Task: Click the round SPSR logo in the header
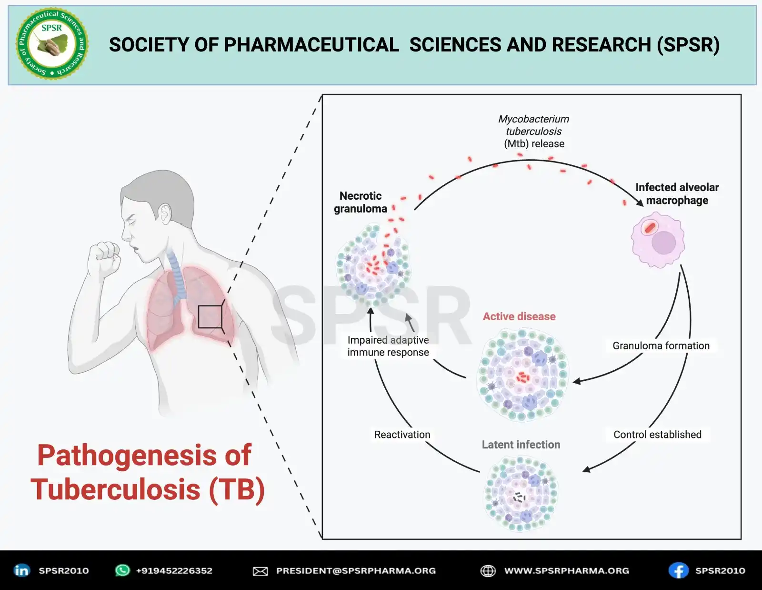(52, 44)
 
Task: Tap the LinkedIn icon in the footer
(21, 570)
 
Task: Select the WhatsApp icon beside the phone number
(122, 570)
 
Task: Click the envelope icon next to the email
(260, 571)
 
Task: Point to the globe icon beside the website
(488, 570)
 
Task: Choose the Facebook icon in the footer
(678, 570)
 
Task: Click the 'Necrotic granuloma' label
(361, 203)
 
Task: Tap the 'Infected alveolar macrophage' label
(677, 194)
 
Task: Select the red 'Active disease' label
(519, 316)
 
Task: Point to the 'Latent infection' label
(521, 445)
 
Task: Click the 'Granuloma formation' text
(661, 346)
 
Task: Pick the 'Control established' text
(657, 435)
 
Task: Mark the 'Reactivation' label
(402, 435)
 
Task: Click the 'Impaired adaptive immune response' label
(388, 346)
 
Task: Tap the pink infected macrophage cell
(658, 240)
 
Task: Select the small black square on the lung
(210, 316)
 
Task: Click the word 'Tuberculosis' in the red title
(116, 489)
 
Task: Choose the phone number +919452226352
(174, 570)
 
